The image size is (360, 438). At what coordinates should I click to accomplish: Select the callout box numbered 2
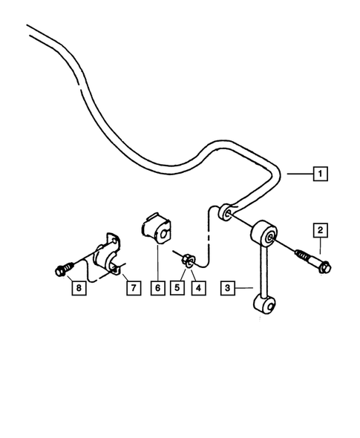point(321,229)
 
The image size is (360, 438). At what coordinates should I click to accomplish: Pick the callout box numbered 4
point(197,287)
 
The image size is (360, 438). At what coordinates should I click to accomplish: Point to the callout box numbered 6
point(158,287)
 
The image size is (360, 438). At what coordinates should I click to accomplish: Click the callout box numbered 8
point(77,287)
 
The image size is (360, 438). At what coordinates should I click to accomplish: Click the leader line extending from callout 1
point(299,174)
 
